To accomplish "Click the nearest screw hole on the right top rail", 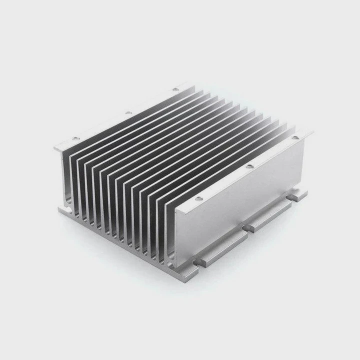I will tap(198, 199).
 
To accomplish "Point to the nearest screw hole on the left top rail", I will tap(76, 138).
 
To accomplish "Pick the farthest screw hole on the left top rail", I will tap(175, 89).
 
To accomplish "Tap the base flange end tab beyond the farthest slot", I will tap(300, 195).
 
